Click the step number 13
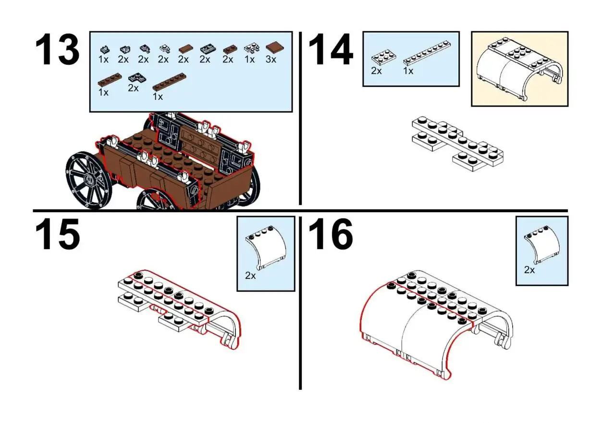[x=57, y=50]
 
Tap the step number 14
[x=331, y=50]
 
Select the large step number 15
[x=57, y=235]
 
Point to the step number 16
[x=331, y=235]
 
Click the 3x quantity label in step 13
[x=271, y=60]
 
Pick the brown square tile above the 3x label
[x=274, y=47]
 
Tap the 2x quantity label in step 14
[x=376, y=71]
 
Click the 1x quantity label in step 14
[x=408, y=71]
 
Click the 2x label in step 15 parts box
[x=250, y=276]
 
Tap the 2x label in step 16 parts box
[x=529, y=270]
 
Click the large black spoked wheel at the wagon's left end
[x=88, y=181]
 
